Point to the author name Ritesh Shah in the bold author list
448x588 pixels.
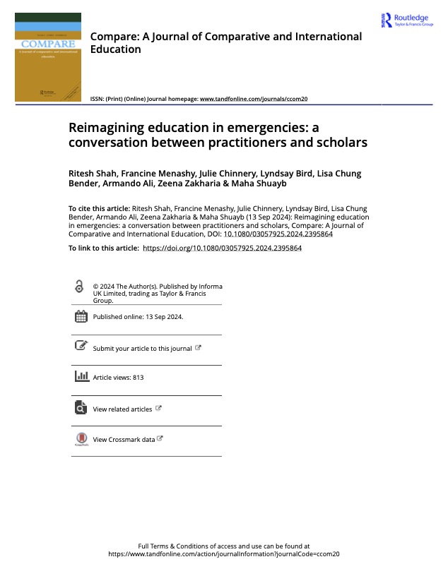pos(90,174)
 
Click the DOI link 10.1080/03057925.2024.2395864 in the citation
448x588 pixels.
pos(278,234)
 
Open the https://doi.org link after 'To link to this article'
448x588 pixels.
pos(222,248)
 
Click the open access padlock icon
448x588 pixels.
pos(79,287)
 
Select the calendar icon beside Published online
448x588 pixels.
pos(81,316)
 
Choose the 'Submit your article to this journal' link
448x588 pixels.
pos(142,348)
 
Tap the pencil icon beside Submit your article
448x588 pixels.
pos(81,346)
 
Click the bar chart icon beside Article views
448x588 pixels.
pos(81,376)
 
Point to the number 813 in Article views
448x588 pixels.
pos(138,378)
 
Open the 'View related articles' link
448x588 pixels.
pos(122,409)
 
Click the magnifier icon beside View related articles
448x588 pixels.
pos(81,408)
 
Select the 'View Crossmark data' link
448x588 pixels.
pos(124,439)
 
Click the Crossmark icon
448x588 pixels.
pos(81,439)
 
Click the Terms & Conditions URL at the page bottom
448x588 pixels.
pos(224,554)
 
